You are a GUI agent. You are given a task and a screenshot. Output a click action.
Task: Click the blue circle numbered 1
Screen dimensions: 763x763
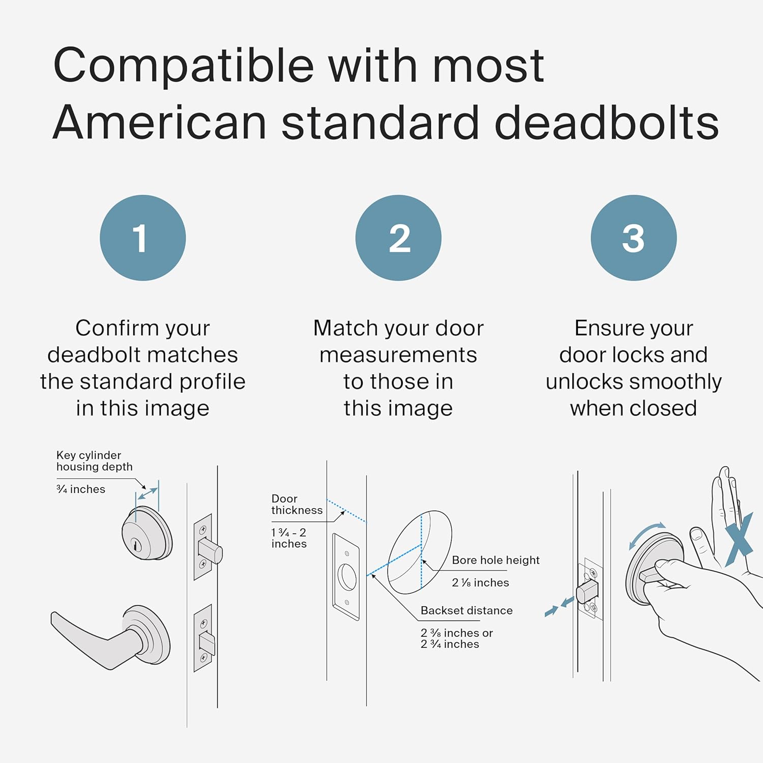point(142,238)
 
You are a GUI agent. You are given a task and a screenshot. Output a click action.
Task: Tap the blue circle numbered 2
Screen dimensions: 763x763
point(398,238)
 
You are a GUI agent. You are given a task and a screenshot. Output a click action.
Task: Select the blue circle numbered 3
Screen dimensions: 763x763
point(633,238)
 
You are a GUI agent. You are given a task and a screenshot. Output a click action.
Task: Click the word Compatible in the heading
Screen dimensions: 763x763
point(184,66)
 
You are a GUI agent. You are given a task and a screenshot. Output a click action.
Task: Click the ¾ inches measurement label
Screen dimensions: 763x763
point(81,489)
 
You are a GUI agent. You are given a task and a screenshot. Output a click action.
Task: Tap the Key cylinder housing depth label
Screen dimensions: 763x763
point(94,461)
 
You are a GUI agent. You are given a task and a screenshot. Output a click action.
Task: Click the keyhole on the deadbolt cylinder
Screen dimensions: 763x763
point(136,545)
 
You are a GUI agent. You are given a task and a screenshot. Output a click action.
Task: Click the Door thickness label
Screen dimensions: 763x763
point(297,505)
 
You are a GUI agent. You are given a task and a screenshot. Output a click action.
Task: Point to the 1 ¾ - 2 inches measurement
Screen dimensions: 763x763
point(289,538)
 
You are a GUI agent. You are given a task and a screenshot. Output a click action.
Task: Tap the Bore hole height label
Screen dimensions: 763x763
point(495,560)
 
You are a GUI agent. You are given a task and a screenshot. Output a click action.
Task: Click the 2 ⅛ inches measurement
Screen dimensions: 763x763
point(480,583)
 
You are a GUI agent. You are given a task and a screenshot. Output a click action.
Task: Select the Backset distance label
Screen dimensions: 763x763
point(466,610)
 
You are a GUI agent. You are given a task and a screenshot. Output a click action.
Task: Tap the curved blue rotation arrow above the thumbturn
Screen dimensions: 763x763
point(646,534)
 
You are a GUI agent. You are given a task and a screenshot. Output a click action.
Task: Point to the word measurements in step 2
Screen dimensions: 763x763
point(398,355)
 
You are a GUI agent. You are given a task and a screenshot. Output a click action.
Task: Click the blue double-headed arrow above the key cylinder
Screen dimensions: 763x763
point(148,493)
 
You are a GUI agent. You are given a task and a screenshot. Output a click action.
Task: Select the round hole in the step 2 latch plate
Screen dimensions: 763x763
point(347,577)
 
